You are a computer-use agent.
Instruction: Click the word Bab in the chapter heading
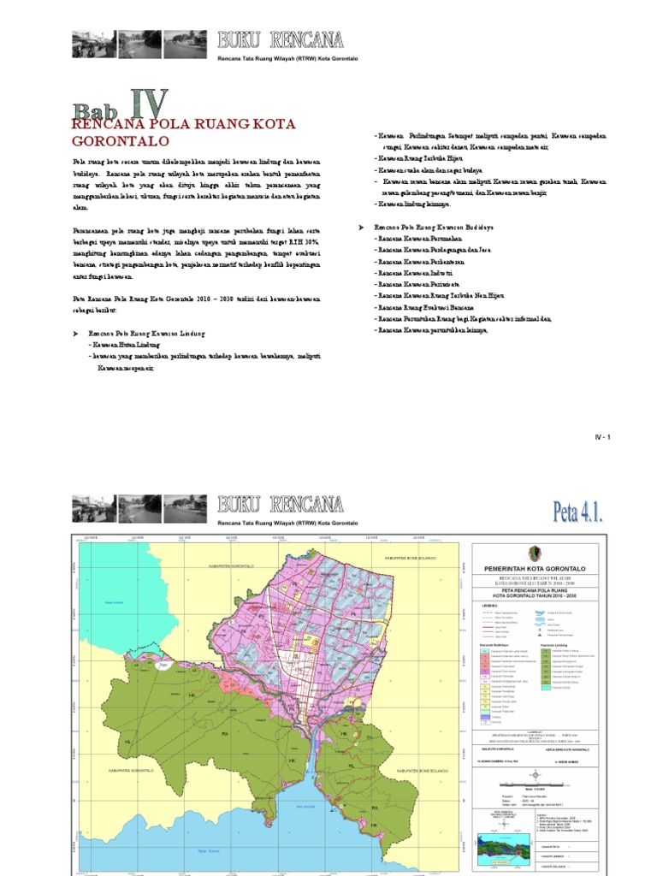point(96,112)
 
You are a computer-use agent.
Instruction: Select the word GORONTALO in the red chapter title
point(121,141)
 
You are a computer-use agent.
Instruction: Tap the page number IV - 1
point(604,437)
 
